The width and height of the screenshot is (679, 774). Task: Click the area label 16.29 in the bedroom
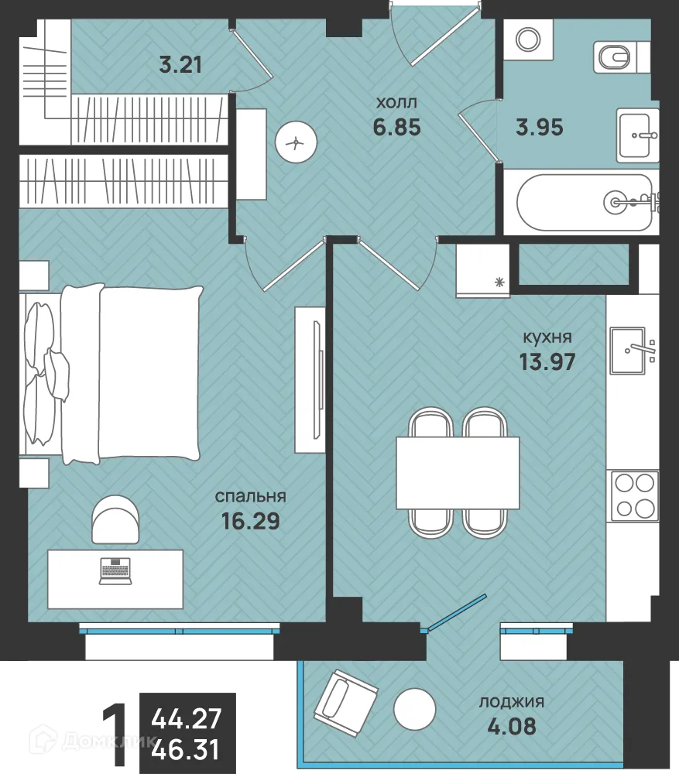click(x=251, y=521)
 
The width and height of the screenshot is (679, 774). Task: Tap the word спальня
click(x=250, y=497)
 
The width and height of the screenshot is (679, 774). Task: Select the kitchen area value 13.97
click(x=547, y=361)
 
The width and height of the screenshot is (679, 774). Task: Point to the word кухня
click(x=547, y=337)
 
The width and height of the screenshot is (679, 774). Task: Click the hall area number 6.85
click(x=397, y=127)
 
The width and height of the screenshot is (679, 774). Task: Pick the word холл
click(x=396, y=103)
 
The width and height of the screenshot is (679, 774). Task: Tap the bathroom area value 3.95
click(x=539, y=128)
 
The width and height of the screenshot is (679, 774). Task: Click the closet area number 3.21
click(x=180, y=65)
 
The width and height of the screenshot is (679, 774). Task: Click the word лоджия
click(x=512, y=702)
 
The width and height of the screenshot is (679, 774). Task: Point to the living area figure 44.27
click(x=186, y=719)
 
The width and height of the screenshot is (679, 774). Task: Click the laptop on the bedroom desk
click(x=115, y=570)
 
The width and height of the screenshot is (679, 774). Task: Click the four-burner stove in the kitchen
click(x=635, y=495)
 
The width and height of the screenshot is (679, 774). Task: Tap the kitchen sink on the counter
click(x=628, y=351)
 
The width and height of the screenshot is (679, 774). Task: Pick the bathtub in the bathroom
click(x=585, y=202)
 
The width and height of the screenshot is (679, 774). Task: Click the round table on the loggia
click(x=415, y=709)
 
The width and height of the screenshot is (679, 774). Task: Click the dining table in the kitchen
click(x=458, y=472)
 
